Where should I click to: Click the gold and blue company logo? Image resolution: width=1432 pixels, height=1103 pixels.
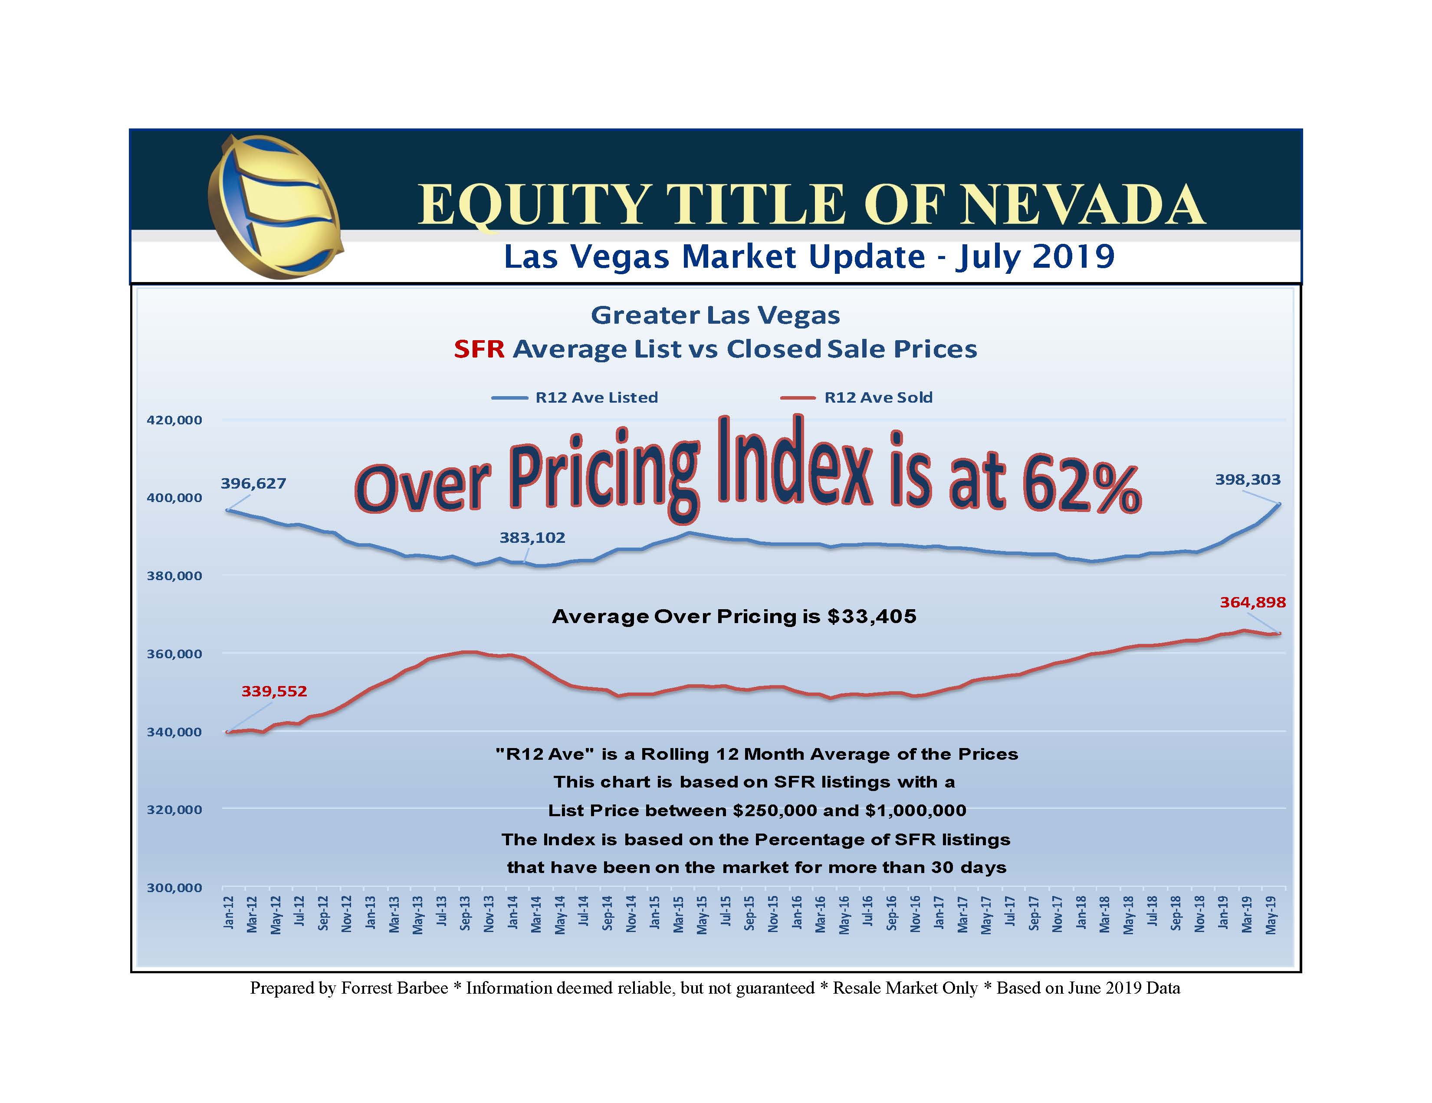click(274, 206)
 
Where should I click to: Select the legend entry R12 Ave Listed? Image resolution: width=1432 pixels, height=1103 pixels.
click(595, 397)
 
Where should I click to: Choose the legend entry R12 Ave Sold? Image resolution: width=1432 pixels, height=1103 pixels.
click(877, 397)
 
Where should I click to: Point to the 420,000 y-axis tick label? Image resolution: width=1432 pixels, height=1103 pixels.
click(174, 420)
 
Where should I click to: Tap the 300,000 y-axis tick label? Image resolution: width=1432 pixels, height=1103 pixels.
click(174, 888)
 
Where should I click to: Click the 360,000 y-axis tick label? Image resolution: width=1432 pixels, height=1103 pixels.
click(174, 654)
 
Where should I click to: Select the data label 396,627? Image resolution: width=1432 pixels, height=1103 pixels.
click(253, 484)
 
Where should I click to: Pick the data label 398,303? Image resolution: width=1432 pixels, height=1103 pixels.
click(1247, 480)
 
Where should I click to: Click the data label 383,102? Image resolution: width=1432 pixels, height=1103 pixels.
click(532, 538)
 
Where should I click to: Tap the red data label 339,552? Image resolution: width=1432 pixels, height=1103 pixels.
click(274, 691)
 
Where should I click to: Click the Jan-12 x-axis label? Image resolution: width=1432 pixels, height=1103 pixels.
click(228, 913)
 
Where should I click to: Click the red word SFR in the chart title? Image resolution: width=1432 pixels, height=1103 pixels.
click(479, 350)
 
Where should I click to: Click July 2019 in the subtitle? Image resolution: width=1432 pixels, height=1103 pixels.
click(1034, 256)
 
